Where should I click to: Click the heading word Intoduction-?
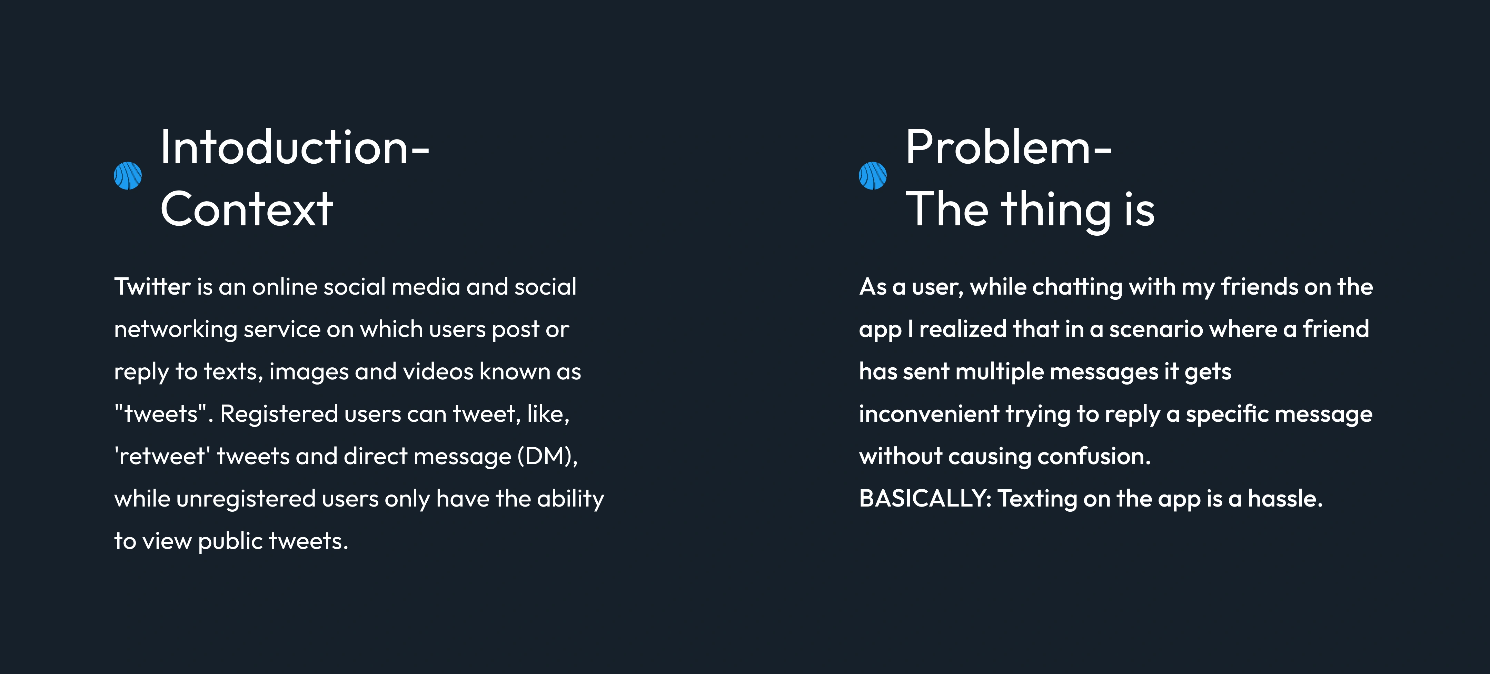coord(295,147)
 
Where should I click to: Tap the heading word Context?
coord(246,209)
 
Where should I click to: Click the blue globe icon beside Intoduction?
coord(128,176)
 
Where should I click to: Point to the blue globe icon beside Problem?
coord(873,176)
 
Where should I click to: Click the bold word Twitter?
coord(152,287)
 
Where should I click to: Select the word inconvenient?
coord(929,414)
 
